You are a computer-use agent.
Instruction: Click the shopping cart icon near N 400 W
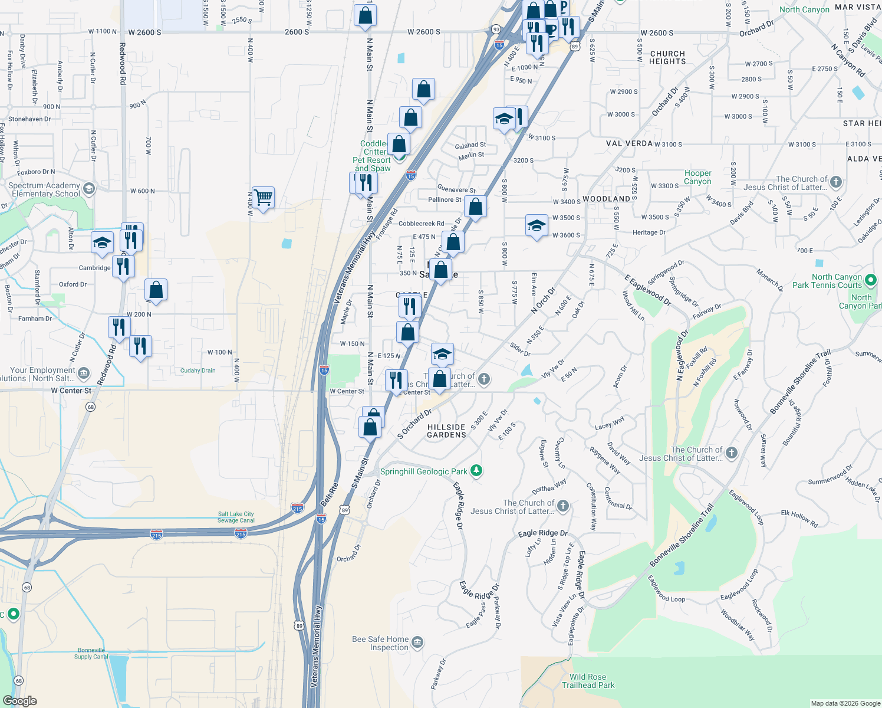coord(263,198)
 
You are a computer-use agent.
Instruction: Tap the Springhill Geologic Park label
coord(423,471)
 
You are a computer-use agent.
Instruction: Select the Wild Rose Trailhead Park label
coord(588,681)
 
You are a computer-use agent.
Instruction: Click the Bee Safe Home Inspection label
coord(380,643)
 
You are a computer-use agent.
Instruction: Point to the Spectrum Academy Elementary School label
coord(45,189)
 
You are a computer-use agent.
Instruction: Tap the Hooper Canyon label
coord(697,177)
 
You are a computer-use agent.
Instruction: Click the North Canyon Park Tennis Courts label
coord(827,281)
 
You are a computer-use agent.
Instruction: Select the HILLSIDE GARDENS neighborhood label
coord(446,431)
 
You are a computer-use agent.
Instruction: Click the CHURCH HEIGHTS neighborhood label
coord(667,57)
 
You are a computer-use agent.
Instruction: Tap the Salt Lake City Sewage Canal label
coord(236,517)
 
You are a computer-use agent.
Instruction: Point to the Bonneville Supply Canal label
coord(91,653)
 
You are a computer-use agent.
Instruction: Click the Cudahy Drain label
coord(198,371)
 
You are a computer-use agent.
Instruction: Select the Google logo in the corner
coord(20,701)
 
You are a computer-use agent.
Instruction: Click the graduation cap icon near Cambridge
coord(102,242)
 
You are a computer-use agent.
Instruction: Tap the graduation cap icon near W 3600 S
coord(537,225)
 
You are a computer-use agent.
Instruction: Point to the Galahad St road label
coord(470,145)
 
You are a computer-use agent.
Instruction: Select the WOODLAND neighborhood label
coord(606,199)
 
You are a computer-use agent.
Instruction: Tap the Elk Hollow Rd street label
coord(799,518)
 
